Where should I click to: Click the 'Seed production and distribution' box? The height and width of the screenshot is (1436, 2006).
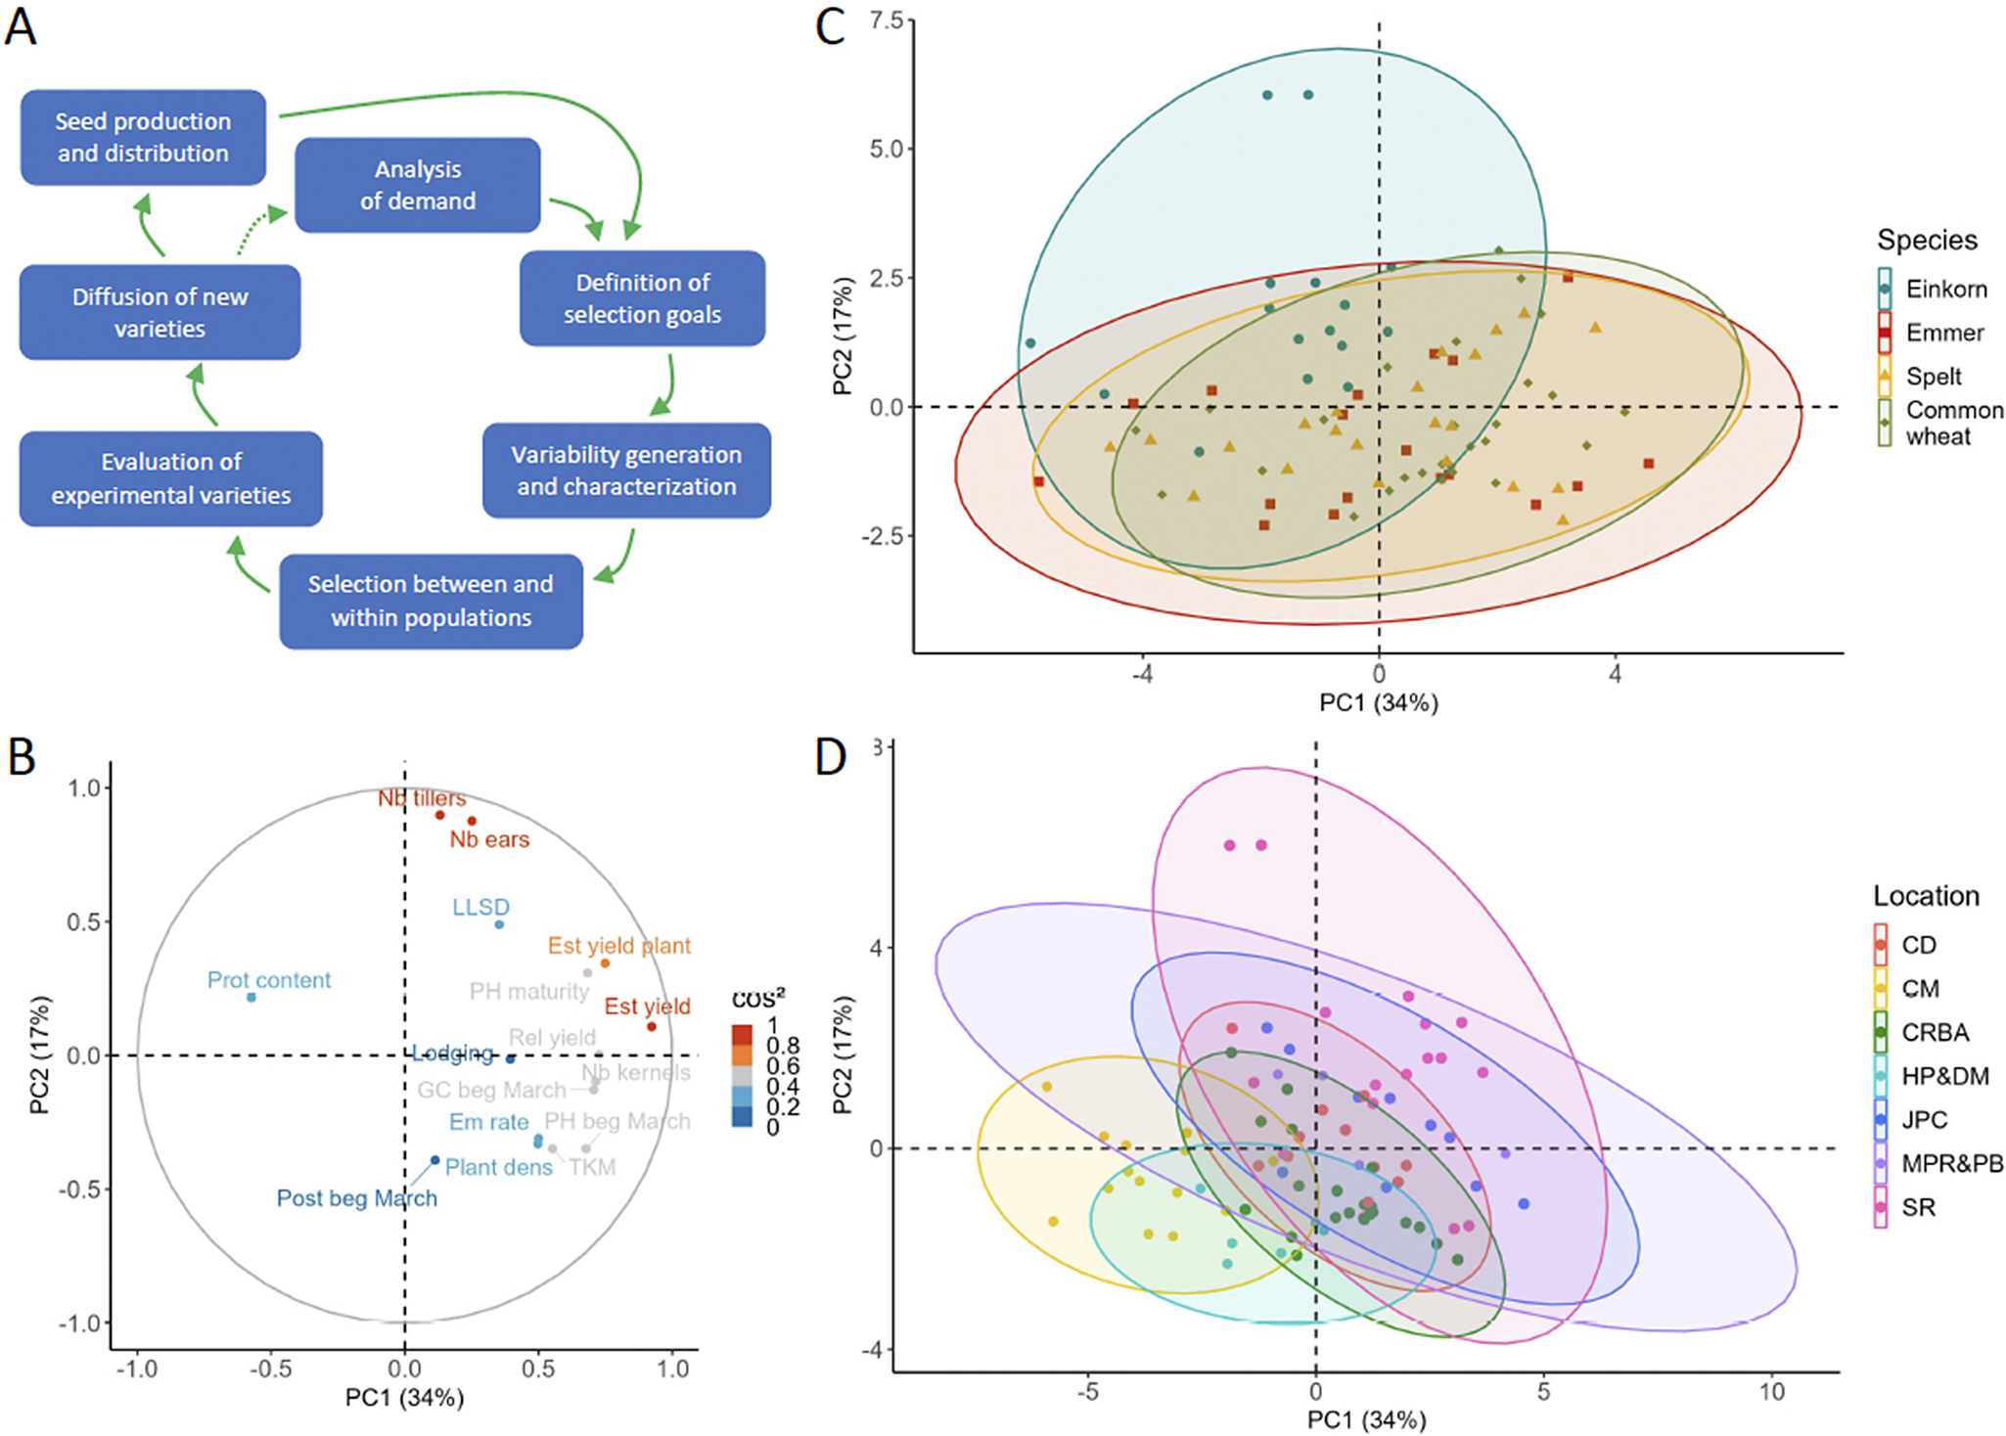143,137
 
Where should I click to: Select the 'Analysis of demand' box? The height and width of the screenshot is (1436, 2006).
418,185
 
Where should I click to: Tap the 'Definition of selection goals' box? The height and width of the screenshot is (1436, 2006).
642,298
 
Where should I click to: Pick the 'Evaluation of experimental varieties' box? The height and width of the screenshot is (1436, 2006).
171,478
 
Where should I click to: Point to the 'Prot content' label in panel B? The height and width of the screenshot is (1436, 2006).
269,980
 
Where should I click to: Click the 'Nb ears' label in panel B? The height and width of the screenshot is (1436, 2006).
489,839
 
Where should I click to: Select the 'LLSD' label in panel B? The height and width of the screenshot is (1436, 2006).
480,907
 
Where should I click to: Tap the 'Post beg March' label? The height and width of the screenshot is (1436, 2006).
356,1198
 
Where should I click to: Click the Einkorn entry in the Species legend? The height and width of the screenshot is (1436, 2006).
1945,289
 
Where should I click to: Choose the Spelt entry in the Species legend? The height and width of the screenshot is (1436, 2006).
1934,376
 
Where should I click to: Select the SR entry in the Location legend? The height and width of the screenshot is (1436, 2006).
1918,1207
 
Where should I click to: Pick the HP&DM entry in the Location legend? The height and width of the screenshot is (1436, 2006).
1944,1076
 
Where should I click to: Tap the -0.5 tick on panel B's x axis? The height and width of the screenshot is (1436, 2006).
270,1368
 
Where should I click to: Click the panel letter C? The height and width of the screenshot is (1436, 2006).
830,26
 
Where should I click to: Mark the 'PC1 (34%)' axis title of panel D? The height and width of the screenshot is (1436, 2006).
1366,1419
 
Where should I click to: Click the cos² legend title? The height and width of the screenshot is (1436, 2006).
758,999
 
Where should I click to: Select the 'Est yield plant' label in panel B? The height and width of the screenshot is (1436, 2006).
618,946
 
